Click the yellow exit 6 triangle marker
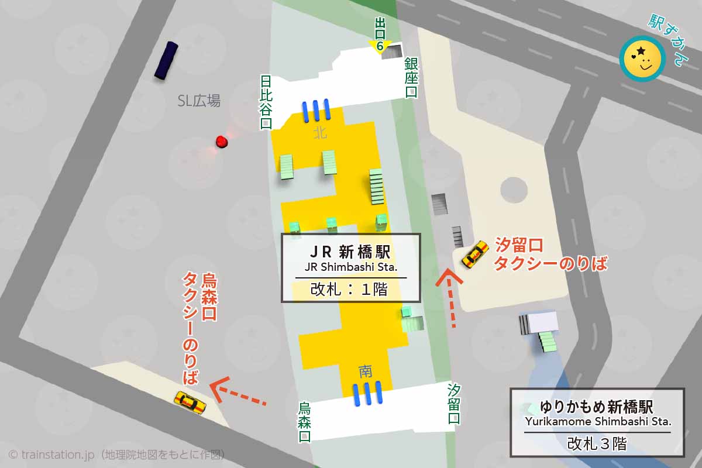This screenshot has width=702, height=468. click(380, 46)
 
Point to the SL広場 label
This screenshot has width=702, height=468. click(199, 101)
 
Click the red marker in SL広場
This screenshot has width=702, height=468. click(221, 142)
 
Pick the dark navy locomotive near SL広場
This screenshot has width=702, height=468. click(166, 60)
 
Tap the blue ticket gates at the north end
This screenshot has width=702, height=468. click(316, 111)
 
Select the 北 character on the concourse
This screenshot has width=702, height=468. click(319, 133)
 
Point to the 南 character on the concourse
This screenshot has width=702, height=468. click(366, 370)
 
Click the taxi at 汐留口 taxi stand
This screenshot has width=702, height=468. click(475, 254)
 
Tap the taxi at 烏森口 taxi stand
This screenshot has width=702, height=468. click(190, 402)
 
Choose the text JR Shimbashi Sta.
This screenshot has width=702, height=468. click(350, 268)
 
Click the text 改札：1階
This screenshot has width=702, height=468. click(350, 289)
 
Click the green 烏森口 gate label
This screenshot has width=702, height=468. click(304, 421)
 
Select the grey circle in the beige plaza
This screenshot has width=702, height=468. click(514, 190)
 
